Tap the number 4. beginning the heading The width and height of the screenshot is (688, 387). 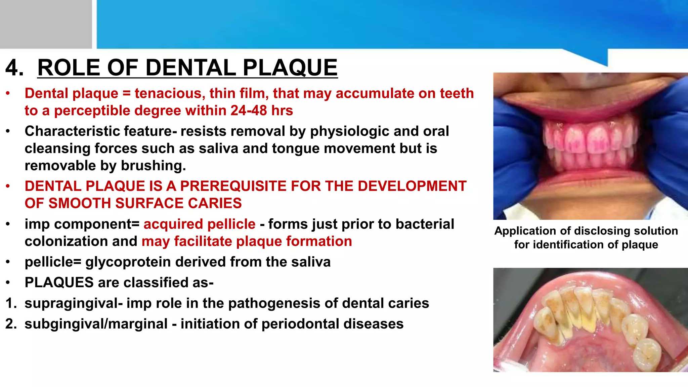tap(14, 68)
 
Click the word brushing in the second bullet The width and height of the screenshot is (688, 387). tap(152, 166)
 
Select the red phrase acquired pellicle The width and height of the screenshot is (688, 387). tap(199, 224)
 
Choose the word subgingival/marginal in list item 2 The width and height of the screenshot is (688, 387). tap(96, 324)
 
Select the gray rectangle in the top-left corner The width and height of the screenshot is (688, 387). tap(46, 24)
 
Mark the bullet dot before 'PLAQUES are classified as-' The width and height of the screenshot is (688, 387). tap(8, 283)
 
